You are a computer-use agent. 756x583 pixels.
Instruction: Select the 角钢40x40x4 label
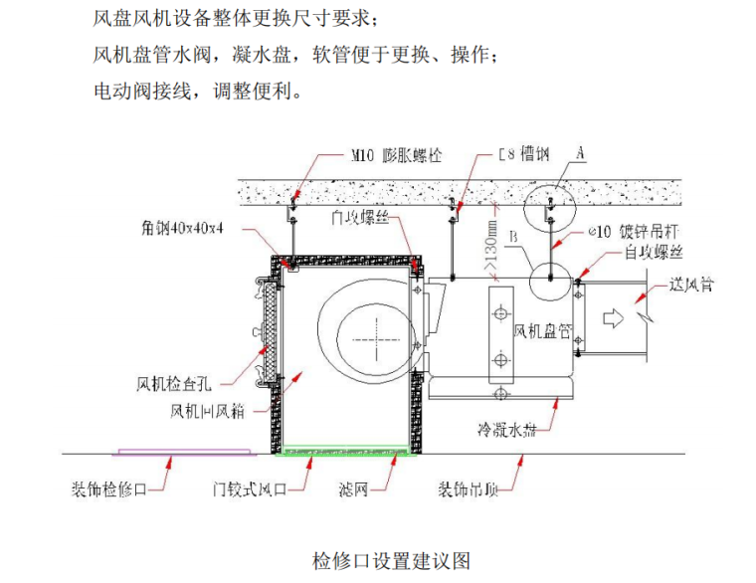point(182,227)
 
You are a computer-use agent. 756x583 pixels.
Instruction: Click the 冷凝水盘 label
point(510,430)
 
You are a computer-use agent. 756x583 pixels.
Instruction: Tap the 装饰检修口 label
point(109,489)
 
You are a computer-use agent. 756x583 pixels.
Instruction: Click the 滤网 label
point(353,489)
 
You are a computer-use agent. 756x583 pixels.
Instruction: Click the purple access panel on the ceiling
point(184,453)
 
